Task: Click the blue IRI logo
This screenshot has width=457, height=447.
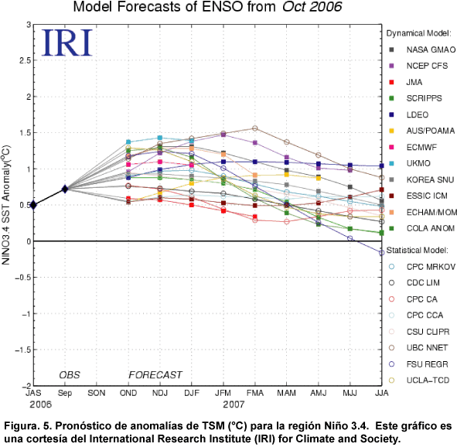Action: click(x=67, y=43)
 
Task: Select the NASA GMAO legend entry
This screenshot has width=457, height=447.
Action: click(x=422, y=49)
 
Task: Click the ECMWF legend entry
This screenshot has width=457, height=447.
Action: click(x=413, y=147)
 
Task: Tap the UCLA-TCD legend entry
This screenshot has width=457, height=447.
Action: click(x=419, y=380)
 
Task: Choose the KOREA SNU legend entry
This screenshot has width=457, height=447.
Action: click(x=421, y=179)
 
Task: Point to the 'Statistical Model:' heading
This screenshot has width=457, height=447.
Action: click(x=418, y=251)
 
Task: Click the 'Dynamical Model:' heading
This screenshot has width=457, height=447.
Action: click(x=419, y=33)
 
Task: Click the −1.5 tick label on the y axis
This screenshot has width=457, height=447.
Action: click(x=23, y=350)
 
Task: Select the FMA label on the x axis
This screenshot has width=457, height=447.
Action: click(x=255, y=393)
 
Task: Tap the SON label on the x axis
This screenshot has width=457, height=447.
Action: click(x=97, y=393)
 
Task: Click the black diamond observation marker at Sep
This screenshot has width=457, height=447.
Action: click(x=65, y=189)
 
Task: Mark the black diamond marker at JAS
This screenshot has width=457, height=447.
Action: click(x=33, y=205)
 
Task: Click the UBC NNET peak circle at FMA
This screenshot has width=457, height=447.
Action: click(x=255, y=128)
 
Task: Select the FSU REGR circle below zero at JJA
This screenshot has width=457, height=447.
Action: click(x=381, y=253)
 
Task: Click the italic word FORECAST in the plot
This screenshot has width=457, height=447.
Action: click(x=155, y=375)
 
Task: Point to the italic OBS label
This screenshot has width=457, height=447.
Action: click(x=70, y=375)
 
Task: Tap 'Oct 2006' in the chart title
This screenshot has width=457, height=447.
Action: click(x=312, y=7)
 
